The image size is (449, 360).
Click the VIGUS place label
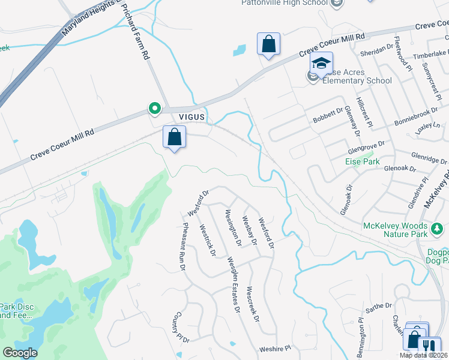(191, 116)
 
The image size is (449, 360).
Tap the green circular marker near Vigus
(155, 109)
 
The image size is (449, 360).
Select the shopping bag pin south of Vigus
(174, 137)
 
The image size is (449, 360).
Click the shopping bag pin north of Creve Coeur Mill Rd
(268, 44)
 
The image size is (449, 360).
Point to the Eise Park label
(363, 161)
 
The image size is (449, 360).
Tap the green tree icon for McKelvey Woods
(438, 228)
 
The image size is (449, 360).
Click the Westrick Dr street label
(207, 240)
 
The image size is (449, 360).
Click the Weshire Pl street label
(274, 348)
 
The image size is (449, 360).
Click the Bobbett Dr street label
(327, 115)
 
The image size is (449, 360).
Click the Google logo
(19, 353)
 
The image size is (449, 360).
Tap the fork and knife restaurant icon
(429, 346)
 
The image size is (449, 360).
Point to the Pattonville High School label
(285, 2)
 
